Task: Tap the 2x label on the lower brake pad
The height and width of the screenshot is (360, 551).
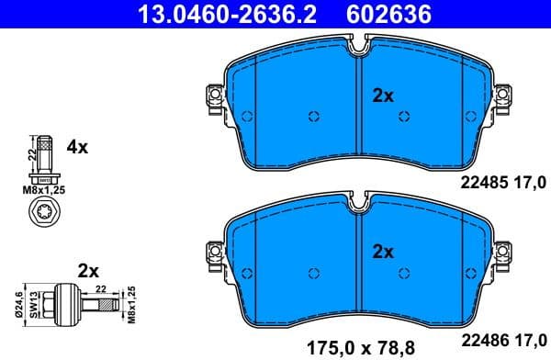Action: [383, 251]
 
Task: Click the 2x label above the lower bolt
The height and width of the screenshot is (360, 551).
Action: [89, 271]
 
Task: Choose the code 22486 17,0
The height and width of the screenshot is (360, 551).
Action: [501, 338]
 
